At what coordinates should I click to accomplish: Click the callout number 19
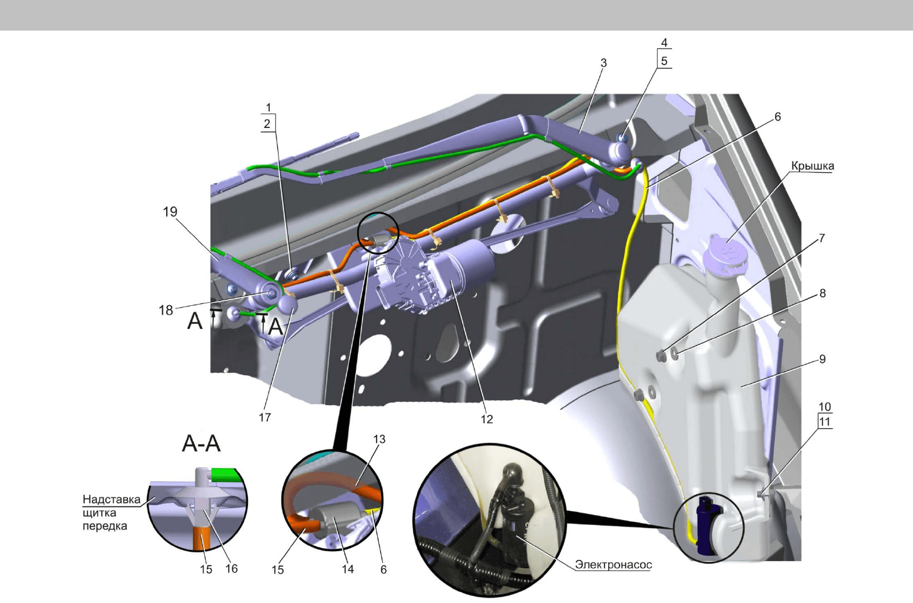click(x=170, y=212)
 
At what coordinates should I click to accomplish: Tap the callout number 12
click(x=486, y=419)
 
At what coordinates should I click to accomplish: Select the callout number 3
click(x=604, y=63)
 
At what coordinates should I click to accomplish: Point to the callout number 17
click(x=265, y=417)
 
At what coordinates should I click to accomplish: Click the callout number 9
click(x=822, y=359)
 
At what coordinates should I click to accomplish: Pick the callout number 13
click(x=379, y=439)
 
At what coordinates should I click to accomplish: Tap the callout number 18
click(x=166, y=310)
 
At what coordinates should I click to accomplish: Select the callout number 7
click(x=822, y=238)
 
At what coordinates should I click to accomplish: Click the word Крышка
click(x=812, y=166)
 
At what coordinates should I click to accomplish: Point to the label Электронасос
click(x=613, y=565)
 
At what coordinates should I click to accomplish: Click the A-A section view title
click(x=201, y=444)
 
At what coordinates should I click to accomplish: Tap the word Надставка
click(x=111, y=499)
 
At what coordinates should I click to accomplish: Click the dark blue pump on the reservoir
click(x=706, y=525)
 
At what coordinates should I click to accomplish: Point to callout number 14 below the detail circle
click(x=348, y=569)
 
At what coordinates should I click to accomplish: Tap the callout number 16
click(x=232, y=569)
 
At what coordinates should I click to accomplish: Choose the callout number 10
click(x=824, y=406)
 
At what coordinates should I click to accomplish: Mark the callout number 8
click(x=822, y=293)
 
